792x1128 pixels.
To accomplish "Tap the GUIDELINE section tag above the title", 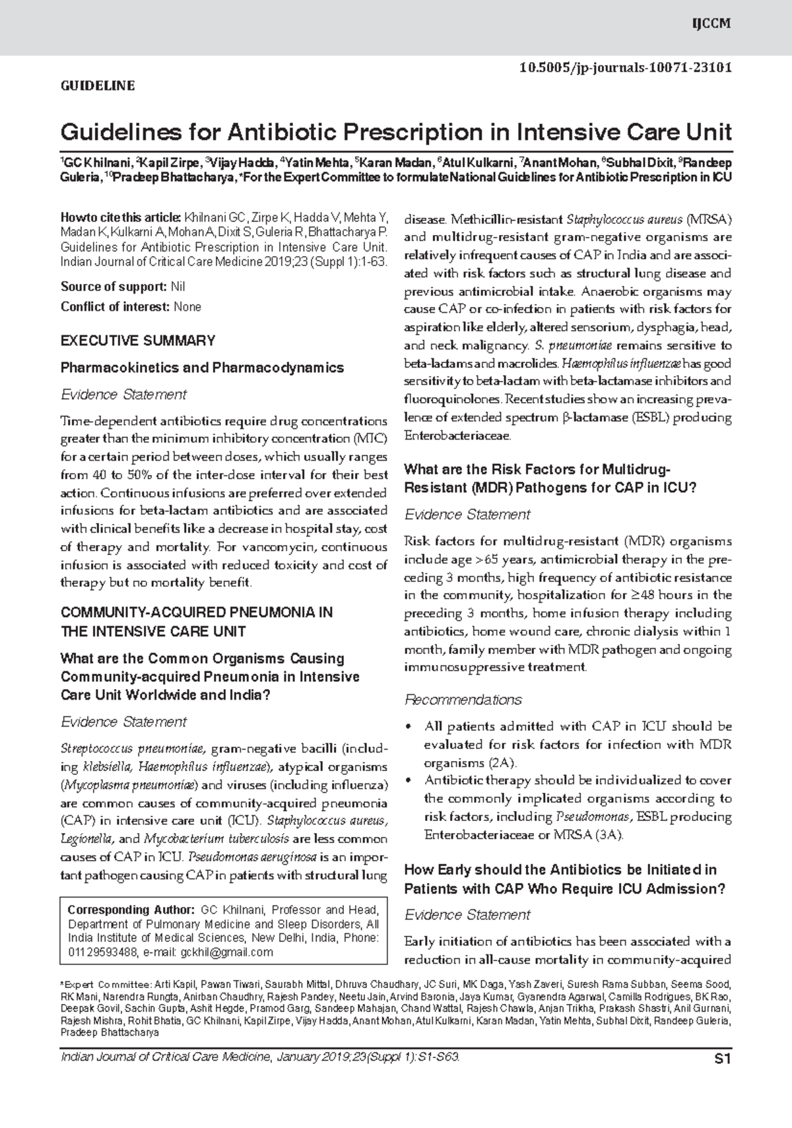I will point(98,85).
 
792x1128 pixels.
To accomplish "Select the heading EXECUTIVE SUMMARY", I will point(137,341).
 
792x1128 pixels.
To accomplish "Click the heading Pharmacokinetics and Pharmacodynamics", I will point(202,368).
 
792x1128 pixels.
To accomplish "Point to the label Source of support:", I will point(114,286).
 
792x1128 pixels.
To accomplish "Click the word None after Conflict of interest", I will point(187,306).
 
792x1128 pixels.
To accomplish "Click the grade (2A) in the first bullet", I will point(502,763).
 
